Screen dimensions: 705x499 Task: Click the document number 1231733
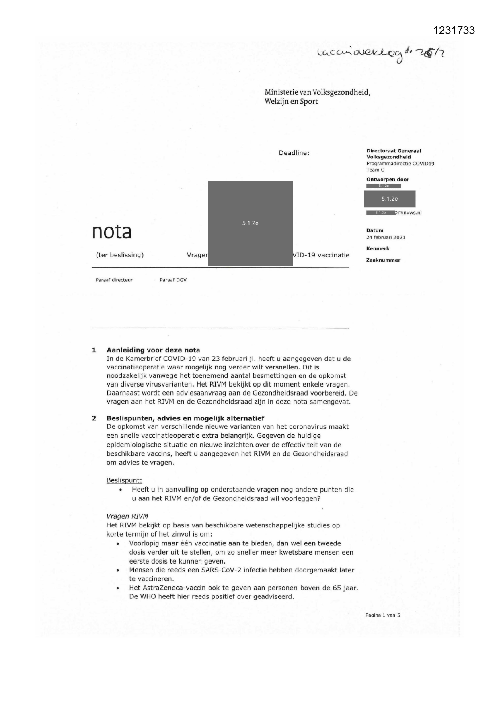coord(454,31)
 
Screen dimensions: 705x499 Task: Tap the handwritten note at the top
coord(380,55)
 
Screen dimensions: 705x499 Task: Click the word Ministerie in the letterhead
coord(279,92)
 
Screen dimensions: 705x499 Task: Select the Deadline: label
coord(294,153)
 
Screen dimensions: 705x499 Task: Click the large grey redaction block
coord(250,223)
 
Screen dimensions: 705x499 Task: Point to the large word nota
coord(112,232)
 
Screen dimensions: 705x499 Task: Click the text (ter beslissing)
coord(119,255)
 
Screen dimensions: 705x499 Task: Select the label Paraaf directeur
coord(114,280)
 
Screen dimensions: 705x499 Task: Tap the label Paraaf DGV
coord(173,280)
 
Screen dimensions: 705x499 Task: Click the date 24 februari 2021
coord(386,238)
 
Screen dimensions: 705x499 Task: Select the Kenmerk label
coord(378,249)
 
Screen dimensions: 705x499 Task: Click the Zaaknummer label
coord(383,260)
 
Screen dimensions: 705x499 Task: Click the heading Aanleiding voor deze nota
coord(153,350)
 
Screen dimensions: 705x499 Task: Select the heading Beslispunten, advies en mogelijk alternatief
coord(185,418)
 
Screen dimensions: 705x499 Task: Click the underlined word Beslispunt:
coord(124,480)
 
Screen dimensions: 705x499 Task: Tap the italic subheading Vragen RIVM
coord(127,516)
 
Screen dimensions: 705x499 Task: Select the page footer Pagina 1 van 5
coord(382,615)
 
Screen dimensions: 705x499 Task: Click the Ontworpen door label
coord(387,180)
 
